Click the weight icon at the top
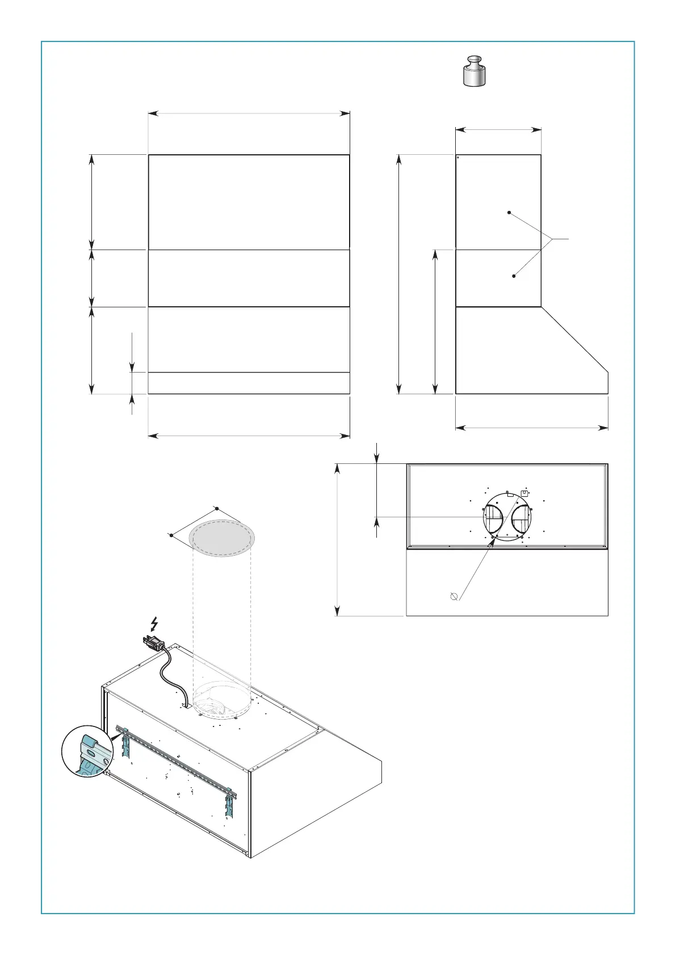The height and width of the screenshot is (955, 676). point(474,71)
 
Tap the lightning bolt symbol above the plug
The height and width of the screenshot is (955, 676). point(154,624)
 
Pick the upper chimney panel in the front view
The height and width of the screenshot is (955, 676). point(249,201)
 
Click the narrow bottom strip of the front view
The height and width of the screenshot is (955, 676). point(249,383)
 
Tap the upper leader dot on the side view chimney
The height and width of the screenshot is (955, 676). point(509,213)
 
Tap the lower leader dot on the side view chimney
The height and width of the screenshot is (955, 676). point(514,276)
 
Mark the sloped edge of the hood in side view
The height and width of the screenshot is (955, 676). point(574,340)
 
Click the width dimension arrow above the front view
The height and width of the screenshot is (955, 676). point(249,113)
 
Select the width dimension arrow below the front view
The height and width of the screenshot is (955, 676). point(249,436)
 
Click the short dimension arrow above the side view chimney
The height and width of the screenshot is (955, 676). point(498,130)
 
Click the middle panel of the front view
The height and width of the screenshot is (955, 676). point(249,278)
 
